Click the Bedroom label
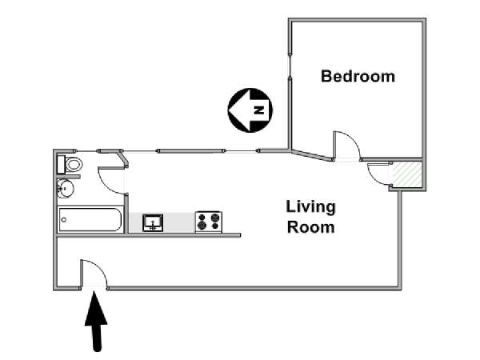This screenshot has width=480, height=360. point(358,76)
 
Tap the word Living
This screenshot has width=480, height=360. point(310,207)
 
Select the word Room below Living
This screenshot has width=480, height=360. point(310,227)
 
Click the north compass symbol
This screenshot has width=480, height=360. point(250,110)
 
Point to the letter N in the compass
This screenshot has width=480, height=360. point(259,110)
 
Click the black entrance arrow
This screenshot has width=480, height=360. point(96,322)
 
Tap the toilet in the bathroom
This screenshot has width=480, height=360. point(74,164)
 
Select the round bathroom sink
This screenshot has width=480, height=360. point(66,188)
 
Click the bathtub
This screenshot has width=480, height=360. point(90,219)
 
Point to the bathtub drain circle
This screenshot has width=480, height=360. point(64,219)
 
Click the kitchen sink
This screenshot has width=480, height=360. point(153,222)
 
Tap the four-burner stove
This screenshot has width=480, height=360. point(209,222)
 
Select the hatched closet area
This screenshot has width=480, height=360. point(406,174)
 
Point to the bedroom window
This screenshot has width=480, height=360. point(290,66)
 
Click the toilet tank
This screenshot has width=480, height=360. point(61,164)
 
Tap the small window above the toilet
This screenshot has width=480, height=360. point(86,151)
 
